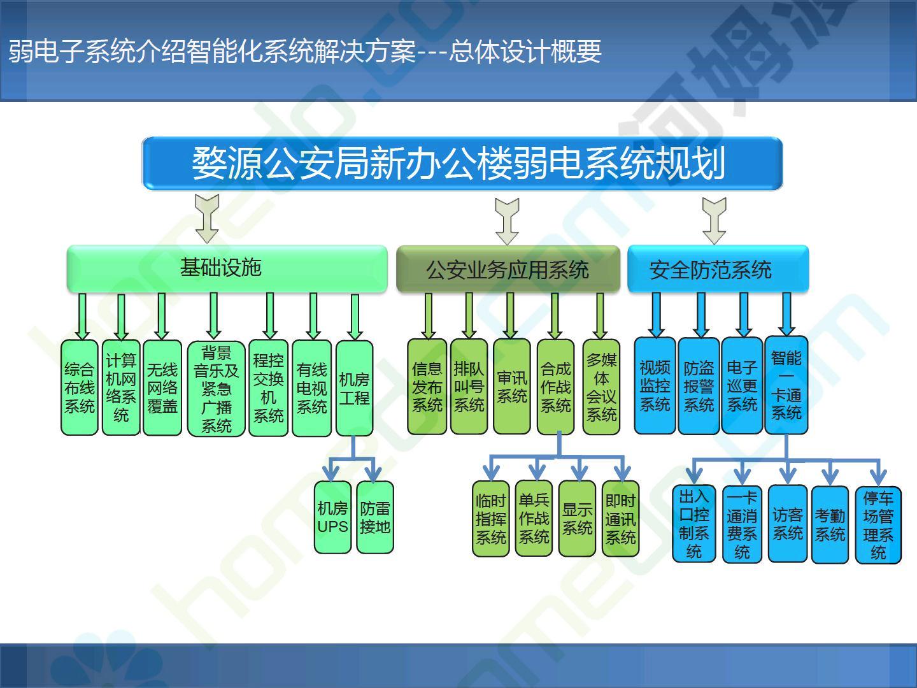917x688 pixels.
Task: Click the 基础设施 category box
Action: (227, 268)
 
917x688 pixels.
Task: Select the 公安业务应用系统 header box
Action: (508, 269)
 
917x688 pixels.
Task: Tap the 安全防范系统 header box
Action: (718, 269)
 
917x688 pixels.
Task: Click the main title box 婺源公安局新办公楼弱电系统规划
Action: (462, 163)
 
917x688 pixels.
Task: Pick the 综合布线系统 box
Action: (80, 388)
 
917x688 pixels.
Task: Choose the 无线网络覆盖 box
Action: (162, 388)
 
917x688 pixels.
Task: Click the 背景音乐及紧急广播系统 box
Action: (216, 389)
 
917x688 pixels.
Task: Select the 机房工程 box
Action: (354, 389)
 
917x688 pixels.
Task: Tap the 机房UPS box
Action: (332, 517)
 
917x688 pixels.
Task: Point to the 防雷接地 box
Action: (375, 517)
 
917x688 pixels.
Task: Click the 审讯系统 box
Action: (512, 387)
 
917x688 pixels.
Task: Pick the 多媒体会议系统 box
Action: (601, 387)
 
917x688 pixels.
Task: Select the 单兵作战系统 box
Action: (534, 519)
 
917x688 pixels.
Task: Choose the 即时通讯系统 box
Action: (620, 519)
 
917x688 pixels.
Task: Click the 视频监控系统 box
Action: (655, 385)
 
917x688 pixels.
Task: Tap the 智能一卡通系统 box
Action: (786, 385)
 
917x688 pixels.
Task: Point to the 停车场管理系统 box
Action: (878, 525)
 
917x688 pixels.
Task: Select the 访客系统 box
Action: (788, 524)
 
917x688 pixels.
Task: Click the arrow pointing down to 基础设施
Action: (207, 219)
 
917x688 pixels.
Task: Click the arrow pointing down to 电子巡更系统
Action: (744, 315)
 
